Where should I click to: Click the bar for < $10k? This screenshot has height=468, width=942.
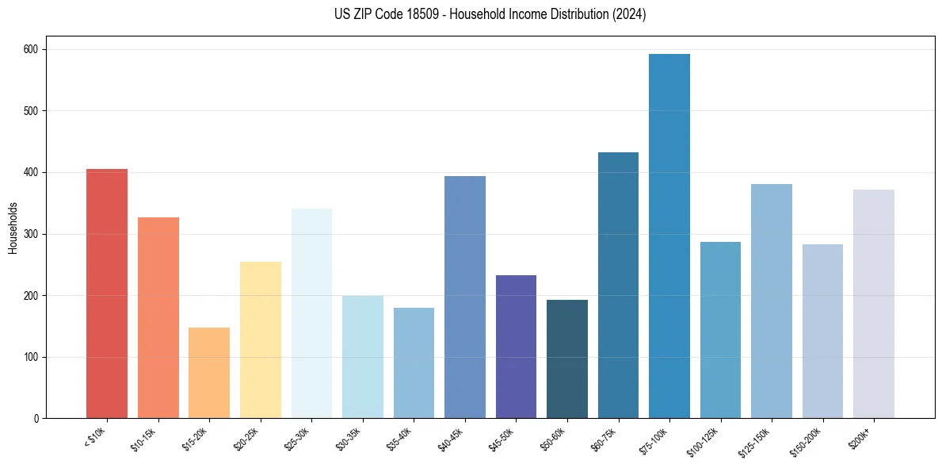click(107, 293)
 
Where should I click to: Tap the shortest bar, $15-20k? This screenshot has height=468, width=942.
click(209, 373)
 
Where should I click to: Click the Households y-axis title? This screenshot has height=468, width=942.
click(13, 227)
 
